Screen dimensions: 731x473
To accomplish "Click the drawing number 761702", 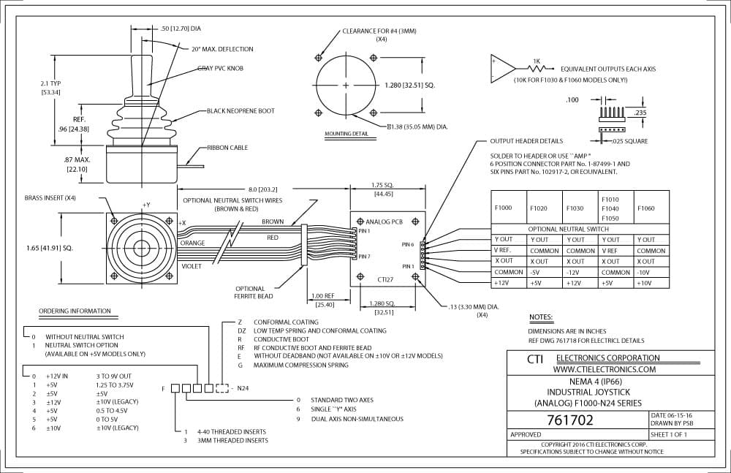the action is [x=569, y=420].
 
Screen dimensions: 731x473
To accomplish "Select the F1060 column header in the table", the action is [x=645, y=208].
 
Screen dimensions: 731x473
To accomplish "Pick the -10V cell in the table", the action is [x=645, y=273].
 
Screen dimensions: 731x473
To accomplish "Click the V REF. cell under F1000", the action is [x=503, y=250].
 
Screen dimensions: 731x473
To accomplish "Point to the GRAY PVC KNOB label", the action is [x=220, y=68].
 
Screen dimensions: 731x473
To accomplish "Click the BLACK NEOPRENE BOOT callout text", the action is [x=240, y=111].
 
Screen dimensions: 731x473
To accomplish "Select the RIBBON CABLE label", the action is [x=227, y=148].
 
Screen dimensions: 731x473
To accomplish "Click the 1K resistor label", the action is [x=536, y=61].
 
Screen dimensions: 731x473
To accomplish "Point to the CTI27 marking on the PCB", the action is [x=385, y=280].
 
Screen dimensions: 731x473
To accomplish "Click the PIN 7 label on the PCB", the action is [x=364, y=257].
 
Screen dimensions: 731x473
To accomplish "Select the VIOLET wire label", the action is [x=191, y=266].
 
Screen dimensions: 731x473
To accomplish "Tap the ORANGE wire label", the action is [x=192, y=243].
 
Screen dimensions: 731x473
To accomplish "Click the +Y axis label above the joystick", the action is [x=146, y=205].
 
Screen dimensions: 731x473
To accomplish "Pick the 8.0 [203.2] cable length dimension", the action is [x=262, y=189].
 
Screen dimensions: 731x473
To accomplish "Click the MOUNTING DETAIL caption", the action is [x=346, y=134].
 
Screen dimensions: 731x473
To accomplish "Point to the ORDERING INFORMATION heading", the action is [x=75, y=311].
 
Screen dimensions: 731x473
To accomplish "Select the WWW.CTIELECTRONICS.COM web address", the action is [x=605, y=369].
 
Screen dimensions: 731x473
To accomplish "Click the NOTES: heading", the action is [x=541, y=318].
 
